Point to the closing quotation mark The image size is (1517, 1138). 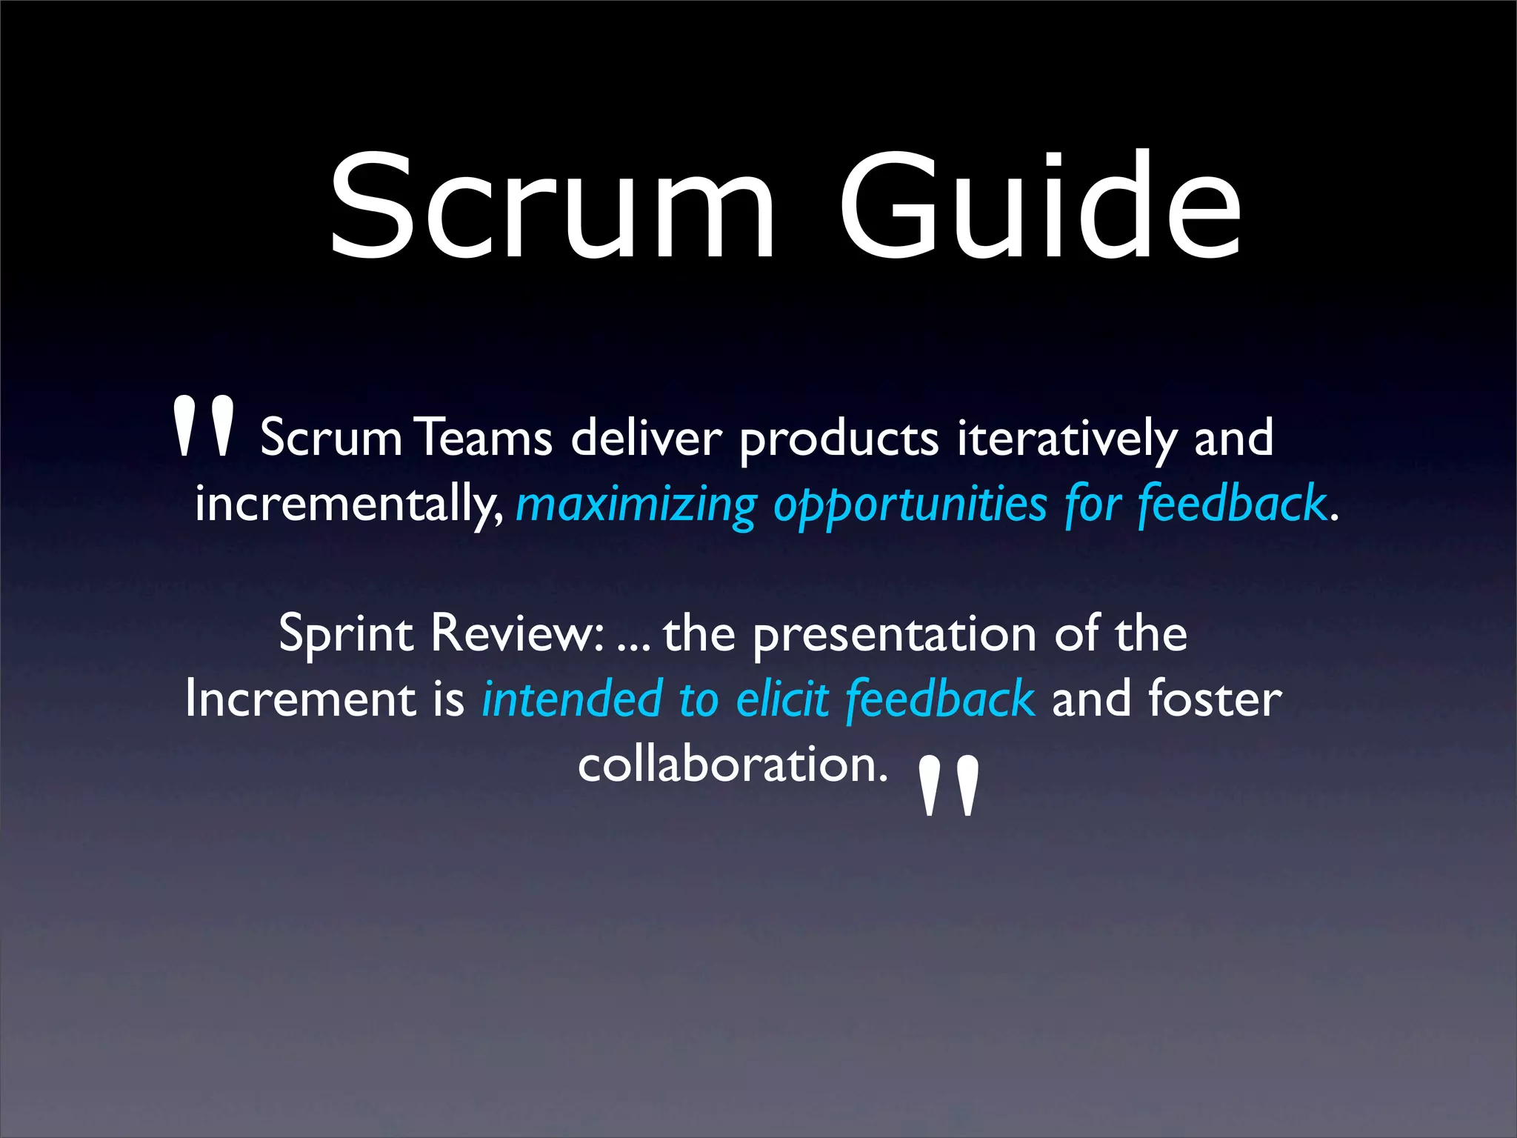(949, 785)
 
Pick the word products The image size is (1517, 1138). (839, 440)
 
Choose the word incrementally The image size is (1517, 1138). (348, 504)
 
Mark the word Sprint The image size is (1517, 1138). (346, 636)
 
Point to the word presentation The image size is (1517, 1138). (895, 636)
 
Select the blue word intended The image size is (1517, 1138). (571, 699)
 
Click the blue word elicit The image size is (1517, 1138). (782, 699)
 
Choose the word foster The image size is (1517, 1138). (1215, 699)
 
